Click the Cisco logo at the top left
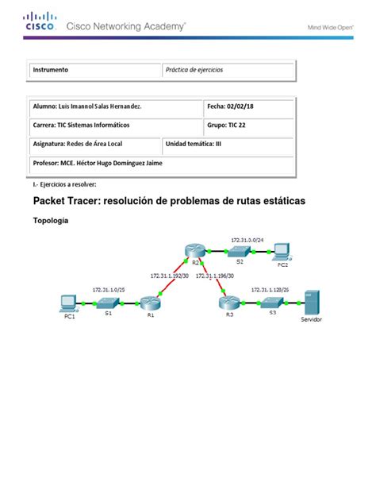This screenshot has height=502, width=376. pyautogui.click(x=40, y=21)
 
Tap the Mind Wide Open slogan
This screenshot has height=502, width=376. pyautogui.click(x=330, y=25)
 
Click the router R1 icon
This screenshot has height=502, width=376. pyautogui.click(x=150, y=303)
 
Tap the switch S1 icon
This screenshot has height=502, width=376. pyautogui.click(x=107, y=303)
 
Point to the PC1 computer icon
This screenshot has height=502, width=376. pyautogui.click(x=69, y=303)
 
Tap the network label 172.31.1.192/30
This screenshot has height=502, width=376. pyautogui.click(x=169, y=276)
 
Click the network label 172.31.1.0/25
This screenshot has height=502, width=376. pyautogui.click(x=108, y=290)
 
